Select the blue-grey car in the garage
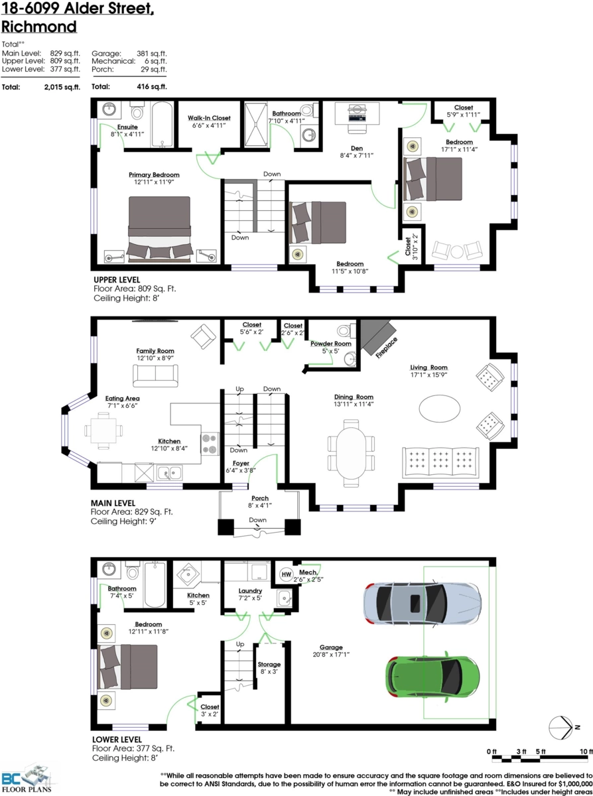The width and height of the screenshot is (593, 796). [422, 603]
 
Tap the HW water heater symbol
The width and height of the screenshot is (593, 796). [286, 574]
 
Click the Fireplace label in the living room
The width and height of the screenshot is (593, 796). [387, 348]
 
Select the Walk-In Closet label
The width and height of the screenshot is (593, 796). [209, 118]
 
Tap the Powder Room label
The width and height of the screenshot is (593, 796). [330, 344]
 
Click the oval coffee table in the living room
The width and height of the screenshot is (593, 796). [439, 409]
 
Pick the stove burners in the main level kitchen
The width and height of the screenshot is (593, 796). [210, 444]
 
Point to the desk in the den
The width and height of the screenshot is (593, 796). [357, 113]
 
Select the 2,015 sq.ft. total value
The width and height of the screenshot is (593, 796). [62, 87]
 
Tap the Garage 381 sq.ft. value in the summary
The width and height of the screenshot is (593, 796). [151, 54]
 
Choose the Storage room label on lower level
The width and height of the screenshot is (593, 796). [269, 665]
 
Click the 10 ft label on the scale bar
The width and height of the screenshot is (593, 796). [586, 752]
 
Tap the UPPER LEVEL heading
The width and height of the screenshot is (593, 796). [117, 280]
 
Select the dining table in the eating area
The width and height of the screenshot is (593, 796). [103, 431]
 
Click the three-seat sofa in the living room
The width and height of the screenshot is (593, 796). [440, 463]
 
